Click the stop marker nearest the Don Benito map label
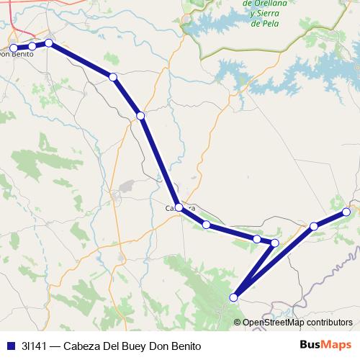pos(14,48)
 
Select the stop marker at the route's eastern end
pos(346,212)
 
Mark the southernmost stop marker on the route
pos(233,297)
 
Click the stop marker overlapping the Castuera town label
pos(179,207)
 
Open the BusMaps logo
pos(325,345)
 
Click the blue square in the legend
pos(10,345)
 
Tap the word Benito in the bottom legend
pos(184,345)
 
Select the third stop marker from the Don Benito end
pos(49,43)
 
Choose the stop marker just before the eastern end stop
pos(314,227)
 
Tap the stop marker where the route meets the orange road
pos(140,116)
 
